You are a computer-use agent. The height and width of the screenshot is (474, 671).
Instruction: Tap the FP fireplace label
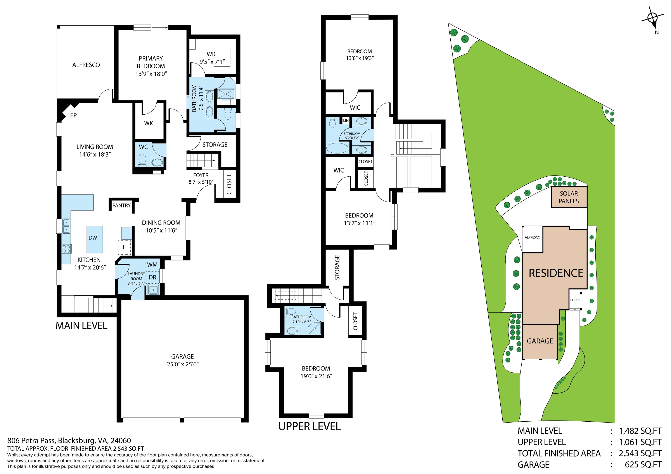coord(73,115)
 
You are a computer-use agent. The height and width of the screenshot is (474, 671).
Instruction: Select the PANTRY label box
coord(122,206)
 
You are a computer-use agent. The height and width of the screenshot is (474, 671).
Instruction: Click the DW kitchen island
coord(95,240)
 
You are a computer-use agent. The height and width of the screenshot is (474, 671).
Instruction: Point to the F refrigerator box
coord(124,247)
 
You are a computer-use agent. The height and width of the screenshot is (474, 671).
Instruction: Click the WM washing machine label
coord(152,265)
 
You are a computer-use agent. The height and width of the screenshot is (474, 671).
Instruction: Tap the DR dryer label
coord(152,278)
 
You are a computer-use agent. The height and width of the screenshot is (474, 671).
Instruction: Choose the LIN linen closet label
coord(346,120)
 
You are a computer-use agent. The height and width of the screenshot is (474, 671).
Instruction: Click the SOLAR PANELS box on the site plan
coord(569,197)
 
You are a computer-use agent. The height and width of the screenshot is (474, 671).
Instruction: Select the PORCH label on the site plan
coord(575,300)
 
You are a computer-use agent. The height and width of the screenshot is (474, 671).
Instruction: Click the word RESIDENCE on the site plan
coord(556,273)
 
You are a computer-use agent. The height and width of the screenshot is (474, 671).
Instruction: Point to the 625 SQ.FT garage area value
coord(643,464)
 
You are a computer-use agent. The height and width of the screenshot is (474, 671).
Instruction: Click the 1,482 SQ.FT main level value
coord(640,431)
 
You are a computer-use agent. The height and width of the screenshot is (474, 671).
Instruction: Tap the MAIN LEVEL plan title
coord(81,325)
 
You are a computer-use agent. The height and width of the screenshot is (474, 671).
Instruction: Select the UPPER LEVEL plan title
coord(310,426)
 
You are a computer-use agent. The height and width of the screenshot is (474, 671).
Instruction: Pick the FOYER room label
coord(201,175)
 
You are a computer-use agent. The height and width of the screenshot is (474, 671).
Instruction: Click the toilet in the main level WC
coord(142,160)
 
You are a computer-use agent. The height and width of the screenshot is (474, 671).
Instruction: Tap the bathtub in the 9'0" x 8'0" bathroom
coord(337,148)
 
